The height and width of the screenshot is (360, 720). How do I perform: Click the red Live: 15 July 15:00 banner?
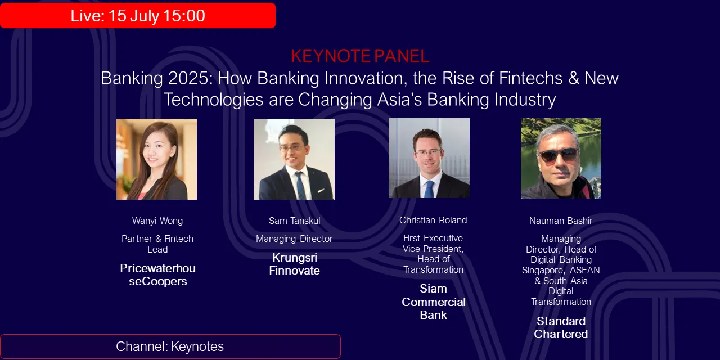(x=138, y=16)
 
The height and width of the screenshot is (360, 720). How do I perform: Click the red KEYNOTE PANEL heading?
(x=360, y=56)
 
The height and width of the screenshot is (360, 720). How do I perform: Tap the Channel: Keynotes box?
(x=170, y=346)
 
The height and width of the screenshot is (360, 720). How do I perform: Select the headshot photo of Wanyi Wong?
(x=156, y=159)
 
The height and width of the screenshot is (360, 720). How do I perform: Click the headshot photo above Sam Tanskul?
(x=294, y=159)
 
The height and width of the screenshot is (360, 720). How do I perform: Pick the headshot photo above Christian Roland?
(x=429, y=158)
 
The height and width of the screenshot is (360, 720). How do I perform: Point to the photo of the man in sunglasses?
(x=561, y=158)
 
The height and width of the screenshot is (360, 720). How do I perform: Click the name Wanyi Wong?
(x=157, y=220)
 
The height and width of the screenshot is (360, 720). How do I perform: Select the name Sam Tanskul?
(x=294, y=220)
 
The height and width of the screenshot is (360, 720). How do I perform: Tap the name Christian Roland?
(x=433, y=220)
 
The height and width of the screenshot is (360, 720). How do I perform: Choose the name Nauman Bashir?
(x=561, y=221)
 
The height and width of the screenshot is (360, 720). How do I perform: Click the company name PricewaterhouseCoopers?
(x=157, y=275)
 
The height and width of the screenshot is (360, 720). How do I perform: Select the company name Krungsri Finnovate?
(x=294, y=264)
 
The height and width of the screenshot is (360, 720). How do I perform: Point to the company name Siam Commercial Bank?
(x=433, y=302)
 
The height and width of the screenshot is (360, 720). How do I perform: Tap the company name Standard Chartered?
(x=561, y=327)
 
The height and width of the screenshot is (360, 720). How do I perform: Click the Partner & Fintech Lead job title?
(x=157, y=244)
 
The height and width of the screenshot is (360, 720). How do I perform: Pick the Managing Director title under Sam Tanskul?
(x=294, y=238)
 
